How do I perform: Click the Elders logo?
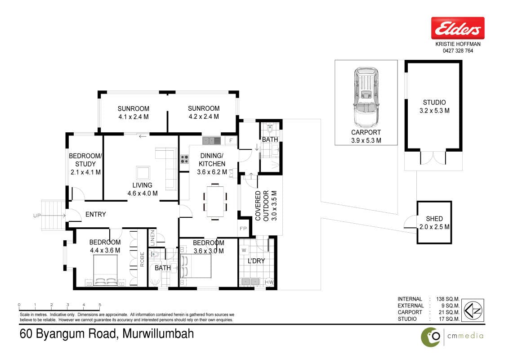458,28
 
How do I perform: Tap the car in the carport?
366,98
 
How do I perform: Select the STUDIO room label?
434,102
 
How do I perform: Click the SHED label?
434,219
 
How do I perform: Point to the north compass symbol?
473,310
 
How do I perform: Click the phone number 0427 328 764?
458,51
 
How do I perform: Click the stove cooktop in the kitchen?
184,159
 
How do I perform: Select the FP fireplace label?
243,229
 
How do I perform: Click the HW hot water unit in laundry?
269,282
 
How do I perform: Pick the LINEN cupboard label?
152,238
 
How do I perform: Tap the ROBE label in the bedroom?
142,259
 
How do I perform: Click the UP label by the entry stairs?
37,216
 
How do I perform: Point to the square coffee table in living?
143,172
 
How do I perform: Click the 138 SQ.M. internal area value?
448,299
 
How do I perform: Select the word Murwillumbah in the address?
158,334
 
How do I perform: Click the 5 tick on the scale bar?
100,305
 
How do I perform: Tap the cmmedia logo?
452,337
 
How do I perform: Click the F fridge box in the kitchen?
231,141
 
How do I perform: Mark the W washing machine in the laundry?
244,250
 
